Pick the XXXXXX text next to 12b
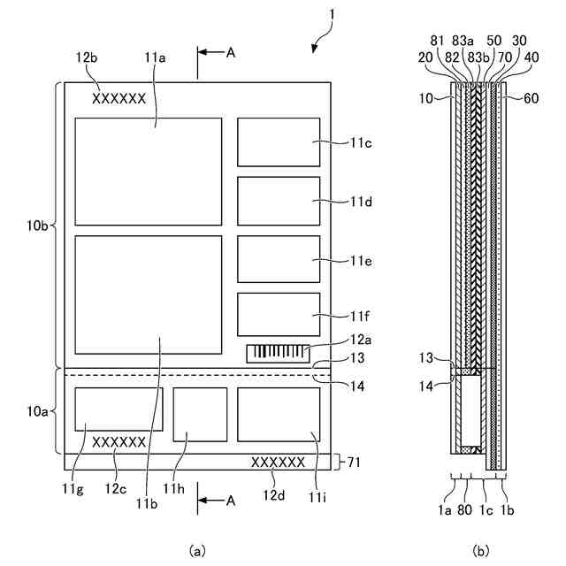tap(119, 99)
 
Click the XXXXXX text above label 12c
tap(119, 441)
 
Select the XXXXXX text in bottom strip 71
tap(279, 462)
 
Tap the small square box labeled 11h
tap(200, 414)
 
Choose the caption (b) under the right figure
tap(480, 550)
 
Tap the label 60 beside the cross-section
tap(531, 97)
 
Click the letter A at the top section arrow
tap(231, 52)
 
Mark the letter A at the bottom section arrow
tap(231, 501)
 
